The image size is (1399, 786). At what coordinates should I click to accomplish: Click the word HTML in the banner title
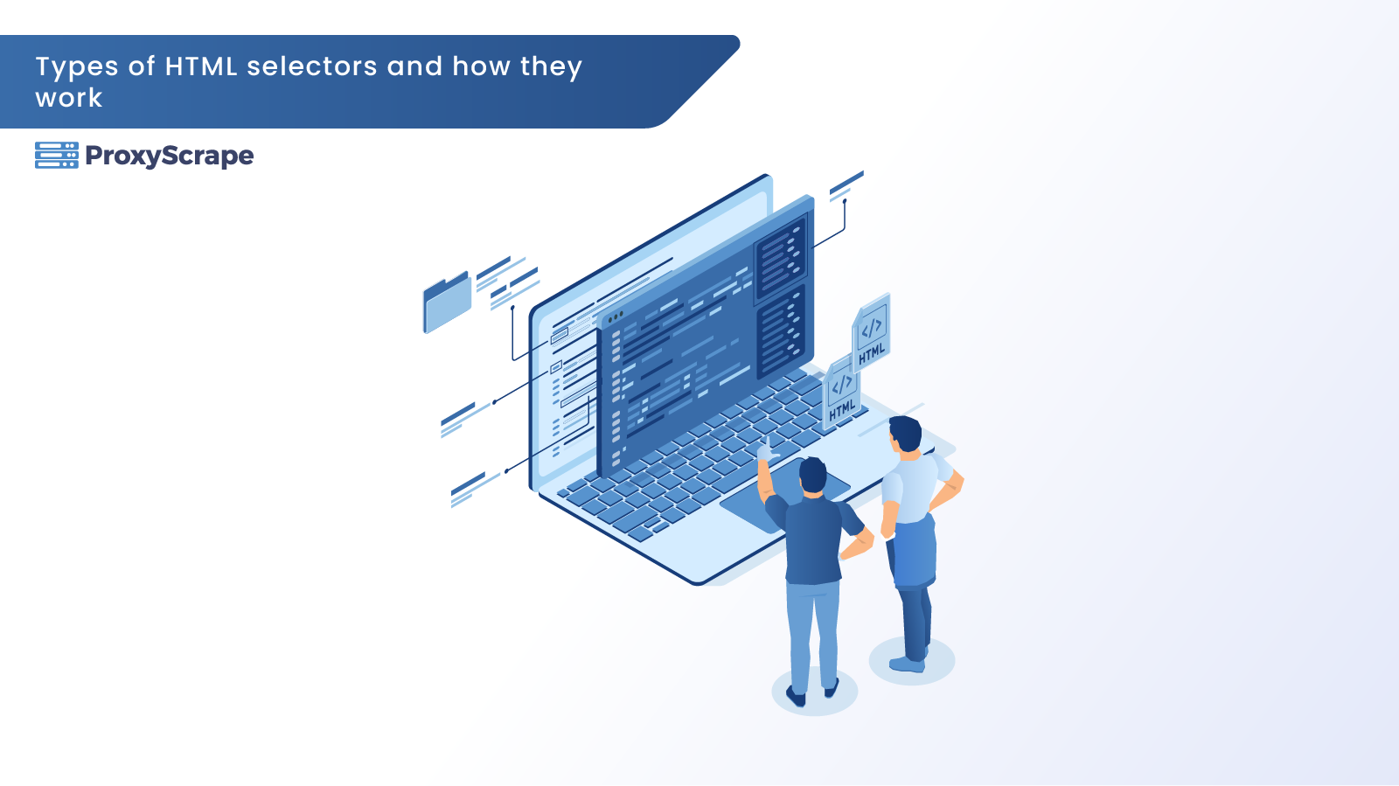pos(201,66)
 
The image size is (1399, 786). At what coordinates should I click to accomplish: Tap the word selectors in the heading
pos(312,66)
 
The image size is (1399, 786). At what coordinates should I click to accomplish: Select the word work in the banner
pos(69,98)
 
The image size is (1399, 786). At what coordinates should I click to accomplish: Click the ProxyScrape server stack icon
pos(57,156)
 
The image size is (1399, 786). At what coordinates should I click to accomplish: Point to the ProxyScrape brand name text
pos(170,157)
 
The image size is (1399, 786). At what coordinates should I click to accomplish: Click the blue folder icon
pos(447,303)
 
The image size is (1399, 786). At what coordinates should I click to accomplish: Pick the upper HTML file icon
pos(871,333)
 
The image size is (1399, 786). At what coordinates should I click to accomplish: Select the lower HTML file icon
pos(841,393)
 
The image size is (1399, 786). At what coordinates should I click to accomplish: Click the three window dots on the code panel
pos(616,317)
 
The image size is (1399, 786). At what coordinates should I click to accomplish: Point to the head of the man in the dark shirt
pos(812,476)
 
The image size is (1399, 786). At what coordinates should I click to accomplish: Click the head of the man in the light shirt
pos(905,434)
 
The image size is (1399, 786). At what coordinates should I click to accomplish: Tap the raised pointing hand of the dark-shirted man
pos(766,449)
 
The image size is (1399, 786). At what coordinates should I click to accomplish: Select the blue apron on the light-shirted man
pos(915,552)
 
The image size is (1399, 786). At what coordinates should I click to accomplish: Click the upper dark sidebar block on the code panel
pos(781,258)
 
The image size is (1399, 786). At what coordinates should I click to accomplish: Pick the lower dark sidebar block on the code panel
pos(781,330)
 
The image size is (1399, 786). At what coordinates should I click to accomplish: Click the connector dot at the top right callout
pos(845,201)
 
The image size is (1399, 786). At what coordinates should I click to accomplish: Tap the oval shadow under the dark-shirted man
pos(814,691)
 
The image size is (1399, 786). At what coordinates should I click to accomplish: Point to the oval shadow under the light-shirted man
pos(912,660)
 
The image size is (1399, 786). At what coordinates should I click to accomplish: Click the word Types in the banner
pos(77,67)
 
